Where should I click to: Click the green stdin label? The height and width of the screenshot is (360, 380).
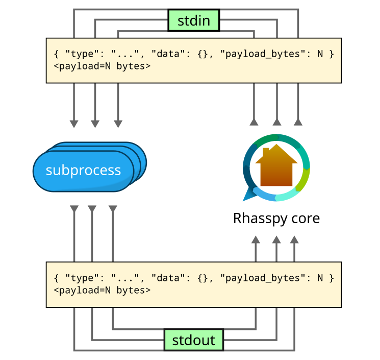(193, 21)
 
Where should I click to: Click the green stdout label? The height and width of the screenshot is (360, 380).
(193, 340)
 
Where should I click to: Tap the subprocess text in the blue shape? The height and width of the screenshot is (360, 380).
(83, 171)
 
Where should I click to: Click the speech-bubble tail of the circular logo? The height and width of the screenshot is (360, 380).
(249, 195)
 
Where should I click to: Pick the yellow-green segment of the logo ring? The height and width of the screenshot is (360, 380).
(304, 179)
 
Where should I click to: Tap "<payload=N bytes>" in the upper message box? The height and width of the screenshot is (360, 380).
(102, 66)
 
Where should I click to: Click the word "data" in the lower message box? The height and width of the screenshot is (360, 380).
(165, 278)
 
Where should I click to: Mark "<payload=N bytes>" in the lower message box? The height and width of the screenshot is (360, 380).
(102, 291)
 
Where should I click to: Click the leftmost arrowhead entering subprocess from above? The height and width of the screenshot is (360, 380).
(74, 124)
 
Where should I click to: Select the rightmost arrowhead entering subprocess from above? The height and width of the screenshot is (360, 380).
(118, 124)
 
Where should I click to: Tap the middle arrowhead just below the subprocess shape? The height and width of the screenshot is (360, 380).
(92, 209)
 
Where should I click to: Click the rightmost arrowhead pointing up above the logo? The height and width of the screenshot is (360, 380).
(298, 122)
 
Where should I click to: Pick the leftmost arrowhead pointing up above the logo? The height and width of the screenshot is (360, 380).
(254, 122)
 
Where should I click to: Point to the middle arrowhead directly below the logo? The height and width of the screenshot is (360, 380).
(276, 239)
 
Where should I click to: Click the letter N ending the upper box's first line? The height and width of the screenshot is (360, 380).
(320, 54)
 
